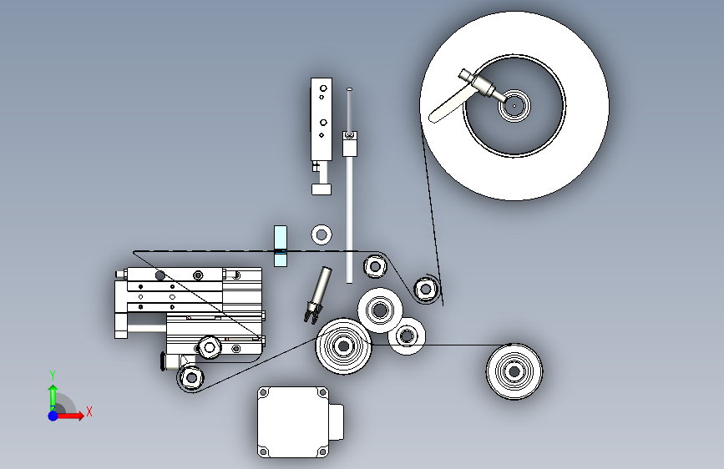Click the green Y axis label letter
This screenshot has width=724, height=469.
pos(53,376)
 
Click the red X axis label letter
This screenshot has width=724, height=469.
pos(89,411)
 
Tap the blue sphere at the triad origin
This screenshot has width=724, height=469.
pos(53,416)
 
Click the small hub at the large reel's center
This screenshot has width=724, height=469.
pos(514,106)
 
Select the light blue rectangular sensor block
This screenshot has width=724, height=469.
pos(281,246)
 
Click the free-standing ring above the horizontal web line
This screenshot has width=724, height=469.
pos(321,235)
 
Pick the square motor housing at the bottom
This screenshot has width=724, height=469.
pos(293,422)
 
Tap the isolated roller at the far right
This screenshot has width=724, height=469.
pos(514,371)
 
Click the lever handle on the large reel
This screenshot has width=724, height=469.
pos(447,107)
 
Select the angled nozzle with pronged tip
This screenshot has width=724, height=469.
pos(319,294)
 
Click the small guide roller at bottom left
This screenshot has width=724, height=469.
pos(191,377)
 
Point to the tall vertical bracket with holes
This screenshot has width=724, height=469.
pos(321,119)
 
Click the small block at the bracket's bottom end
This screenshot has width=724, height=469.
pos(321,189)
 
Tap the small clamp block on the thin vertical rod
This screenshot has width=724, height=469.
pos(350,144)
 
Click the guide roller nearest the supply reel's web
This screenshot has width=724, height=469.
pos(426,290)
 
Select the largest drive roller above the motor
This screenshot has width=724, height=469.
pos(343,345)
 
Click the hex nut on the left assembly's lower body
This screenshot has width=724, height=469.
pos(209,347)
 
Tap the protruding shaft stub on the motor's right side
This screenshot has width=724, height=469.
pos(337,422)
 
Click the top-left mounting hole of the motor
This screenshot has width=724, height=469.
pos(264,393)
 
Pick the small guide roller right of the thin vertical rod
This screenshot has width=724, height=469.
pos(375,266)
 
